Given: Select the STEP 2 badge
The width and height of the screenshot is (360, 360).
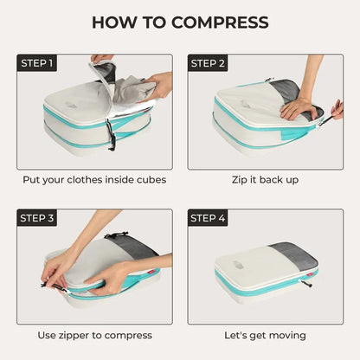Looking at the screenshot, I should pyautogui.click(x=208, y=63).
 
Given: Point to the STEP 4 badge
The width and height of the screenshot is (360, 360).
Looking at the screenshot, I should pyautogui.click(x=208, y=218).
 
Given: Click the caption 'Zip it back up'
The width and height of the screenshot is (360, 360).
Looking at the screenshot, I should pyautogui.click(x=265, y=181).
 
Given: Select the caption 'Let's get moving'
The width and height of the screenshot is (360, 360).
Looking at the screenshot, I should pyautogui.click(x=265, y=335).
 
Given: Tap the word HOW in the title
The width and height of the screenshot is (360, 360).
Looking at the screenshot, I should pyautogui.click(x=113, y=22).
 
